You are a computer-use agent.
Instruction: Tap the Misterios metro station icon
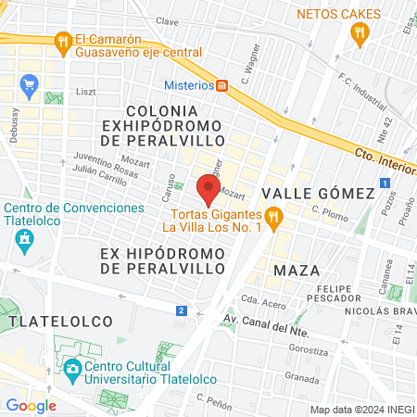click(221, 85)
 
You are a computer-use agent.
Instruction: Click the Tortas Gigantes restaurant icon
click(272, 217)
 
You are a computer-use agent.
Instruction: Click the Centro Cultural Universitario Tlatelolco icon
click(72, 370)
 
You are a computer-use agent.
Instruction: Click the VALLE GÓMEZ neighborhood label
click(318, 193)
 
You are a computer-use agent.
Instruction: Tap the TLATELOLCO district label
click(61, 321)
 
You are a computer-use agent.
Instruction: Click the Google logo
click(32, 405)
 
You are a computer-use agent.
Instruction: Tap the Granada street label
click(302, 377)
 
